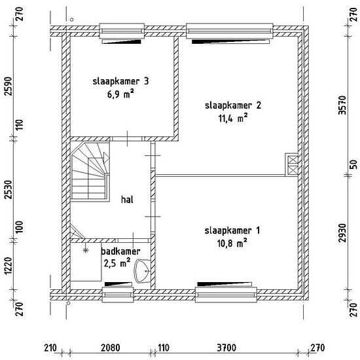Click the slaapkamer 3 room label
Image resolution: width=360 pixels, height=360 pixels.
pos(121,81)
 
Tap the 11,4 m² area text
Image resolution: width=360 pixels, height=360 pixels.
pos(233,118)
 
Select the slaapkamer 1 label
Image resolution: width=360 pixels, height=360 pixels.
pos(232,230)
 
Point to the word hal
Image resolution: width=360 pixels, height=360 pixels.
pos(127,200)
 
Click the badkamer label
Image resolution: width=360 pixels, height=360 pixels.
pos(120,251)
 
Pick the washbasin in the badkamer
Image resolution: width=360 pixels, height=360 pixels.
pos(142,271)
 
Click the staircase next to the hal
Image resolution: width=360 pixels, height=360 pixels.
pos(90,171)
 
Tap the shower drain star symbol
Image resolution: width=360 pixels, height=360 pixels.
pos(86,250)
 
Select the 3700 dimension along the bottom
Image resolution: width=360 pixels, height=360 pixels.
pos(226,348)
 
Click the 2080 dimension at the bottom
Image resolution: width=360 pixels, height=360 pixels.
pos(111,348)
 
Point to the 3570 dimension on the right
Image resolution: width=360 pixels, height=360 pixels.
pos(342,105)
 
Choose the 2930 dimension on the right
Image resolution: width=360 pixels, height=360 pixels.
pos(342,233)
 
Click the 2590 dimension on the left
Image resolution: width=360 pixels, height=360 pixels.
pos(9,86)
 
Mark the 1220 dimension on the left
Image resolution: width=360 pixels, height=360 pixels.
pos(9,266)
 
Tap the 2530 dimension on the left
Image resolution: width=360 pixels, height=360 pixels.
pos(9,190)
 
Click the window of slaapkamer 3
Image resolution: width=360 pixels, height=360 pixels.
pos(122,31)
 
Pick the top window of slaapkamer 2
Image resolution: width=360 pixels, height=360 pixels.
pos(230,31)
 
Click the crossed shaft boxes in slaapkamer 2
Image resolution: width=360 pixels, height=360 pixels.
pos(291,164)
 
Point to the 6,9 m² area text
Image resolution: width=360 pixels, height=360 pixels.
pos(121,94)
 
